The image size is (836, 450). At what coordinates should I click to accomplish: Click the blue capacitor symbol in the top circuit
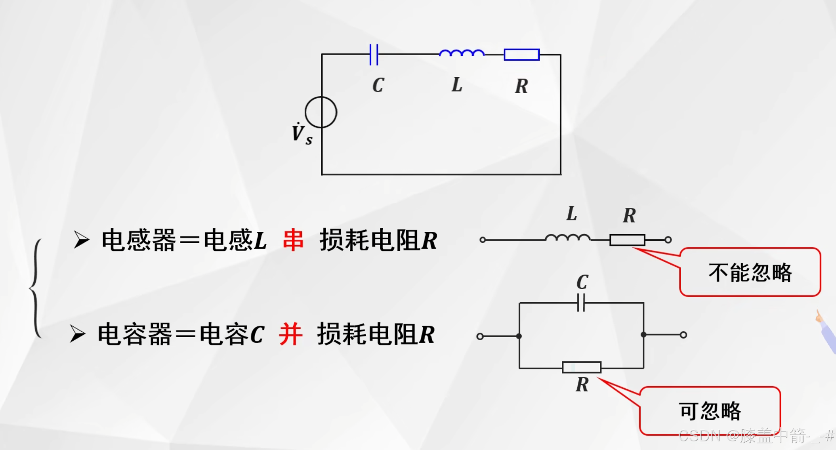pos(374,54)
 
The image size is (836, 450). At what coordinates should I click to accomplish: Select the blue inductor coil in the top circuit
pos(462,53)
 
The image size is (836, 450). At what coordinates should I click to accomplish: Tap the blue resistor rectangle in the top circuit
pos(521,55)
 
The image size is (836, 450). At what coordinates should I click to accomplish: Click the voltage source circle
pos(321,113)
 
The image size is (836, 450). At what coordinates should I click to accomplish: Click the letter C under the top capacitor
pos(378,85)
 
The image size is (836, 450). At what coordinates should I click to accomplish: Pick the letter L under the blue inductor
pos(457,85)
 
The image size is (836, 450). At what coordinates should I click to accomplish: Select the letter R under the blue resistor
pos(521,86)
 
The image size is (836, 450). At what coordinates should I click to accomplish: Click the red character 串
pos(293,240)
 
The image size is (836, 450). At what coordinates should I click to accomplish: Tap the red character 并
pos(290,334)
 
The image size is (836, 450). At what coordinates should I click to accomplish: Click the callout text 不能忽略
pos(750,273)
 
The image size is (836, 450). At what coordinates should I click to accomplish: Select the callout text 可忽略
pos(710,411)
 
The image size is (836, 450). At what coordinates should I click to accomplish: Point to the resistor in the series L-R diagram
pos(627,240)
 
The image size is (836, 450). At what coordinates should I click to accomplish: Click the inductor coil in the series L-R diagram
pos(567,238)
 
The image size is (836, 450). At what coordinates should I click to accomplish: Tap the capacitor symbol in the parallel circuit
pos(581,303)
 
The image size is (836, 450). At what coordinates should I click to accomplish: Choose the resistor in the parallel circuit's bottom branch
pos(582,368)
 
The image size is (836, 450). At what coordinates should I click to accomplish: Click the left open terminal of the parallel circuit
pos(480,336)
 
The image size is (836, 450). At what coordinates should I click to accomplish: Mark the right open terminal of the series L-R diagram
pos(668,240)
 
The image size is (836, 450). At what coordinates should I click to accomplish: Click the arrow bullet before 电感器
pos(82,240)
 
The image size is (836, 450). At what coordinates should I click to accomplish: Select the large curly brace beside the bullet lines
pos(36,288)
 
